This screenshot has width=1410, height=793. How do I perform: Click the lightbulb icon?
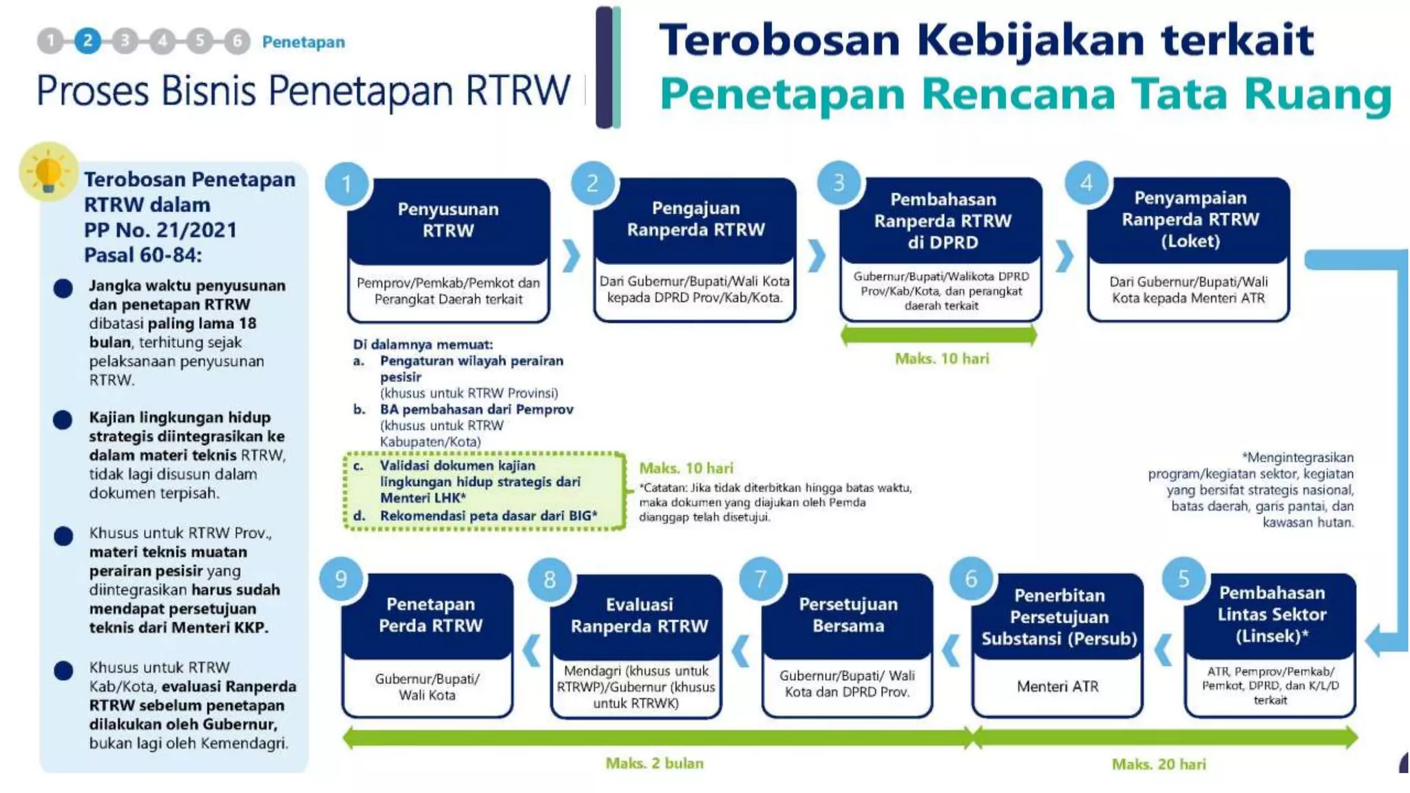(x=48, y=172)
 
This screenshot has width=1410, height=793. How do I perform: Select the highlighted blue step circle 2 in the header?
(x=87, y=41)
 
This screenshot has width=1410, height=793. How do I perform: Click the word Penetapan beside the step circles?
(x=303, y=42)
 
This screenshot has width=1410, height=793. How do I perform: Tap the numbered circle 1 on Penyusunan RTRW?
(x=347, y=184)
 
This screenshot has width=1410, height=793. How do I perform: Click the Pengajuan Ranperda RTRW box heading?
(x=695, y=219)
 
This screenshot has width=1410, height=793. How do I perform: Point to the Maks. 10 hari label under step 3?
(x=941, y=359)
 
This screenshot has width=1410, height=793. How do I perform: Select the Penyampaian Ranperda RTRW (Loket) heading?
(x=1190, y=220)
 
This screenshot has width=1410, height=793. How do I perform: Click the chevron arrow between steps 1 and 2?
(x=571, y=256)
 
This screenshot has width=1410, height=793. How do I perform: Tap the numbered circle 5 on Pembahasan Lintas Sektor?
(x=1183, y=578)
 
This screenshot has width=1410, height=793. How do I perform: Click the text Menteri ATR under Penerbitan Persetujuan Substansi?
(x=1057, y=686)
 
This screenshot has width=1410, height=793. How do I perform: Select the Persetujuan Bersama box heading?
(x=848, y=615)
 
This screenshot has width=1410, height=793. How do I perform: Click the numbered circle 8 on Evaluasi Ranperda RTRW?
(x=549, y=580)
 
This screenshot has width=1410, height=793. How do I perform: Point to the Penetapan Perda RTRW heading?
(x=430, y=615)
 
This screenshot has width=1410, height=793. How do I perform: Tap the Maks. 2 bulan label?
(x=654, y=763)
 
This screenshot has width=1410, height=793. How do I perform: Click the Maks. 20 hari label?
(x=1159, y=764)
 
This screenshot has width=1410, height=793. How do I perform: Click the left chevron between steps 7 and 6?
(x=951, y=651)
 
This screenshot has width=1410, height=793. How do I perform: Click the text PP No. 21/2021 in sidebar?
(x=160, y=230)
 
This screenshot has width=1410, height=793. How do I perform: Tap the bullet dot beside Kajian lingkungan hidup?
(x=63, y=419)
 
